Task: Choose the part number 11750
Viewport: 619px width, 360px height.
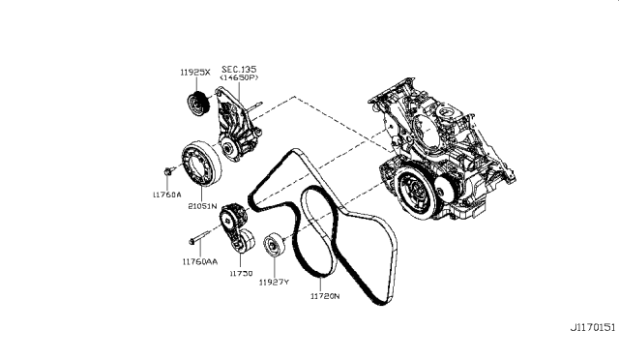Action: (x=241, y=274)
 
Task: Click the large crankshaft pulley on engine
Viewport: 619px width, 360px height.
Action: (x=415, y=189)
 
